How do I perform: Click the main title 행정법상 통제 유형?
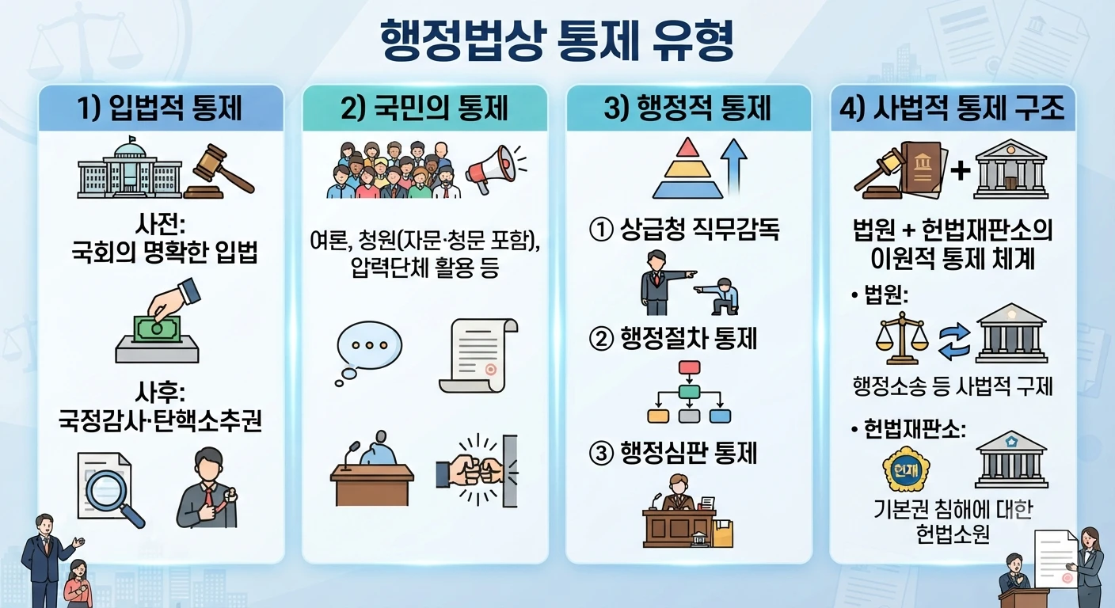(x=557, y=41)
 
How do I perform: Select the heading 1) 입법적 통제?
(x=159, y=108)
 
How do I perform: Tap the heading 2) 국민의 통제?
(x=424, y=108)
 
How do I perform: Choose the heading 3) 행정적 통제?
(x=687, y=108)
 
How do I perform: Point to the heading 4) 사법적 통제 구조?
(x=952, y=108)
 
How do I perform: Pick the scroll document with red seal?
(x=478, y=355)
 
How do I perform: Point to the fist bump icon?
(x=477, y=471)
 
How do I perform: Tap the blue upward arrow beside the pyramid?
(x=735, y=167)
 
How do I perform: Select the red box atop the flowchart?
(x=690, y=367)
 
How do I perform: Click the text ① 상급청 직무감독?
(x=684, y=230)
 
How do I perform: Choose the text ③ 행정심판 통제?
(x=673, y=454)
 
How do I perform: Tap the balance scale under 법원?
(x=901, y=338)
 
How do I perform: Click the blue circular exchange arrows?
(x=954, y=341)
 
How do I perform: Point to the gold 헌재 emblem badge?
(x=906, y=469)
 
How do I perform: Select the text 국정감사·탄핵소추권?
(x=160, y=421)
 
